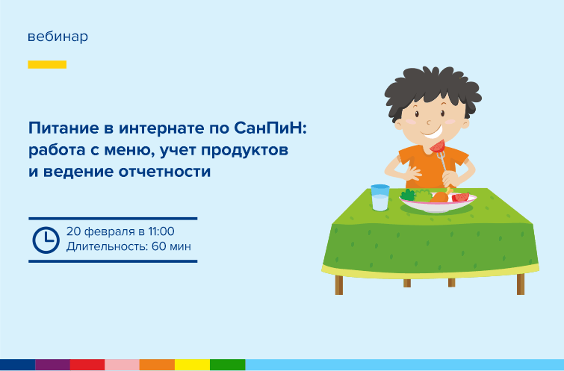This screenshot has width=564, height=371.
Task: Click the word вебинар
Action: (x=58, y=37)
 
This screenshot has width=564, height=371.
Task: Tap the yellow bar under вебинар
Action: (x=47, y=64)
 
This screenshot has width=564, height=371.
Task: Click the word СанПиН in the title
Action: (x=270, y=128)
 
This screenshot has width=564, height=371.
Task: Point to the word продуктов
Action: (x=244, y=150)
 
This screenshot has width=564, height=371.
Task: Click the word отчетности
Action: (x=165, y=172)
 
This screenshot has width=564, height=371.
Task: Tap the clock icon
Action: (x=46, y=240)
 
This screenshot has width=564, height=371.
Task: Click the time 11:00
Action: (x=161, y=231)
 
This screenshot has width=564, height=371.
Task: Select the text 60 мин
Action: (x=171, y=246)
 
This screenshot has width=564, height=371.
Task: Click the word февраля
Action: (x=110, y=232)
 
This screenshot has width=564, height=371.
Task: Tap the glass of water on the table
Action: (x=379, y=197)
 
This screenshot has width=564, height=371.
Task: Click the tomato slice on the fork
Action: (x=438, y=146)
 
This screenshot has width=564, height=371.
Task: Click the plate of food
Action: (x=438, y=202)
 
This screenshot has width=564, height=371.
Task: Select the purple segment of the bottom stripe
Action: (x=52, y=364)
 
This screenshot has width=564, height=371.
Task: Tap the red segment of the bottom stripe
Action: (x=87, y=364)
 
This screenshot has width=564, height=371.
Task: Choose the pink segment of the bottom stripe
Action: (x=122, y=364)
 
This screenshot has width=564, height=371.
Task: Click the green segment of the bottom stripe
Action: (x=228, y=364)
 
